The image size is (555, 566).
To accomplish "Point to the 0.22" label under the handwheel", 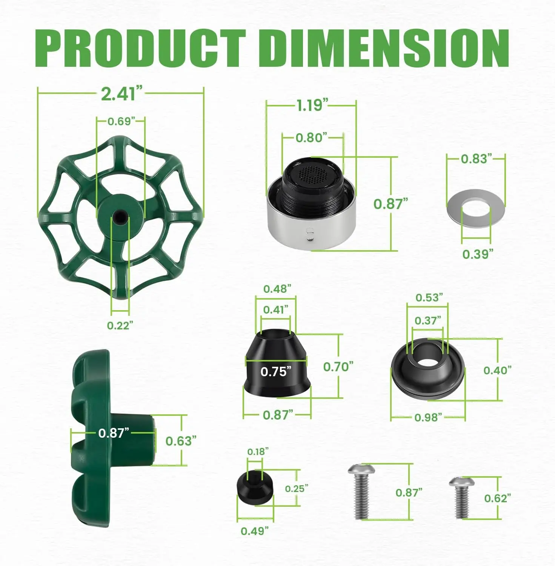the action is pyautogui.click(x=120, y=325).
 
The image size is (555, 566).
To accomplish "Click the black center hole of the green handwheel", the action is pyautogui.click(x=120, y=217).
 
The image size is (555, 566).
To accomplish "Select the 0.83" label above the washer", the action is pyautogui.click(x=477, y=158).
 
